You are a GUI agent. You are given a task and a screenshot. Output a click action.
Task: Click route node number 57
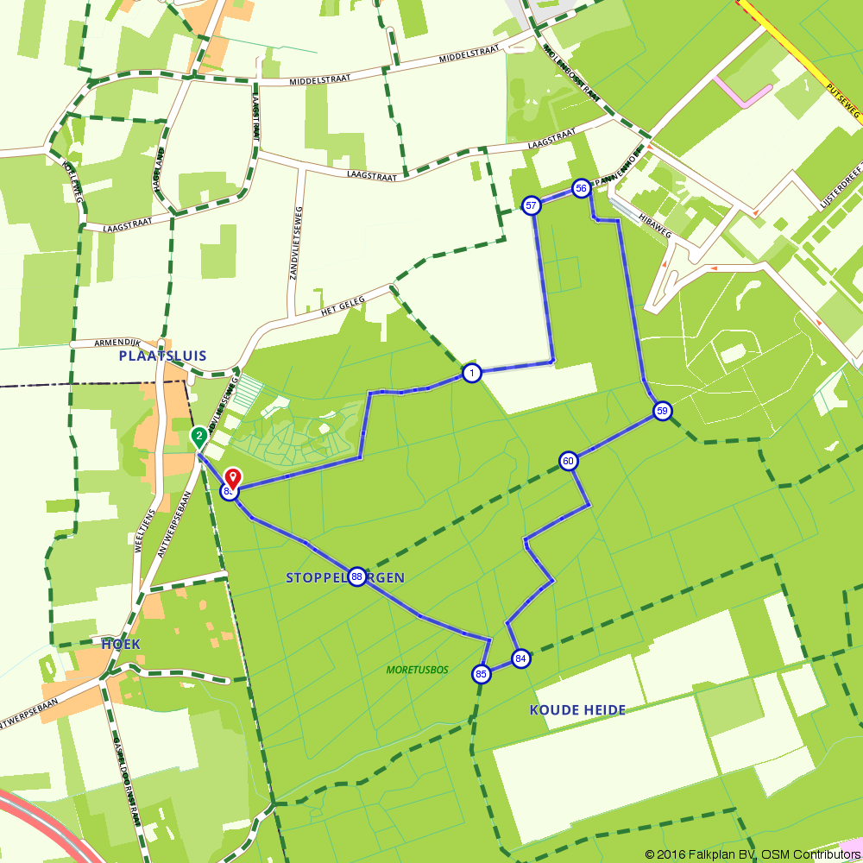tap(532, 205)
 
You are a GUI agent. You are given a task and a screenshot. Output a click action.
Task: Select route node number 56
tap(581, 189)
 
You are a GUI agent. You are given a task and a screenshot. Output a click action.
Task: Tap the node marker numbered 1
tap(471, 373)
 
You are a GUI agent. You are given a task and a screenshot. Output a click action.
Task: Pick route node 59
tap(662, 411)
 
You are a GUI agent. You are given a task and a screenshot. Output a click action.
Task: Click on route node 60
tap(568, 461)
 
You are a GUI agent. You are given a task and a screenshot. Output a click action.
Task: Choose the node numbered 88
tap(357, 576)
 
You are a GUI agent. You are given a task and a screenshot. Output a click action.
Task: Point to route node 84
tap(520, 658)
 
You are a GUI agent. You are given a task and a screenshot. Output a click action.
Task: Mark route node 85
tap(482, 674)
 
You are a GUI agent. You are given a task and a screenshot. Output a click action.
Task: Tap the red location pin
tap(233, 478)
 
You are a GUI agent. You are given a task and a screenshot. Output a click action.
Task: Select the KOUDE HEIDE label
tap(576, 710)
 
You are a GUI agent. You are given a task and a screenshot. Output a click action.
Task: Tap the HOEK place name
tap(120, 645)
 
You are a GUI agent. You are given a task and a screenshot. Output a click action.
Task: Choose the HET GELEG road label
tap(343, 306)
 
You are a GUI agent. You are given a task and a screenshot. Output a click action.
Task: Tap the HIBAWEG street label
tap(635, 222)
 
